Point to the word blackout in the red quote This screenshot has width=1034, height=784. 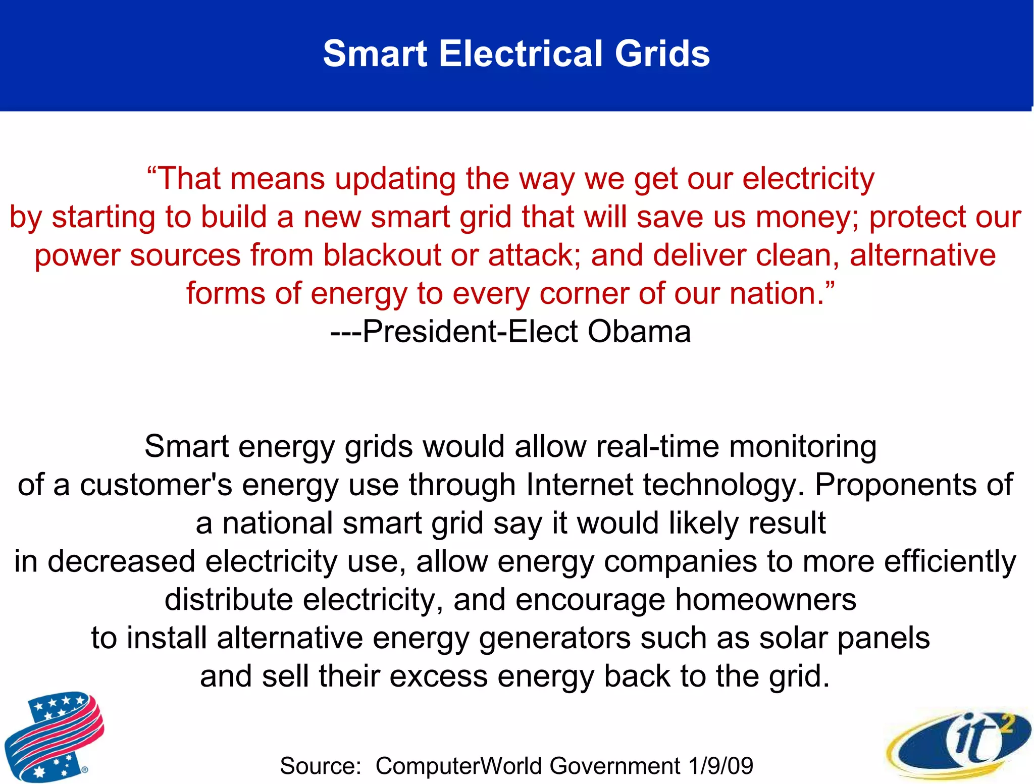point(382,255)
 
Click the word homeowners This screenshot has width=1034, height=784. point(765,600)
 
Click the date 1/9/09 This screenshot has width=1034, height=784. point(720,766)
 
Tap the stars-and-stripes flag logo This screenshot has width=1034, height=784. point(54,736)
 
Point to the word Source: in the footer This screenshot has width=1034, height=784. point(321,766)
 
